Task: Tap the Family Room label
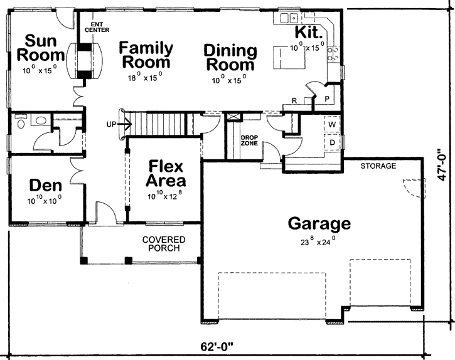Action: click(146, 55)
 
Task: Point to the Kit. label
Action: click(308, 32)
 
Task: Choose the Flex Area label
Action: click(166, 174)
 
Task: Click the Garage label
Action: click(319, 223)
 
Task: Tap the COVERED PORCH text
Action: click(163, 244)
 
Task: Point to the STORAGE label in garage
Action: click(378, 166)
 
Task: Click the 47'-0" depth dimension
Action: click(444, 165)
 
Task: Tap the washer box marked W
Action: click(331, 125)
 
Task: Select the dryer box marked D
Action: click(331, 143)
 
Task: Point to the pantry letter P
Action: click(327, 98)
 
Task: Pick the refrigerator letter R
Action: click(294, 100)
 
